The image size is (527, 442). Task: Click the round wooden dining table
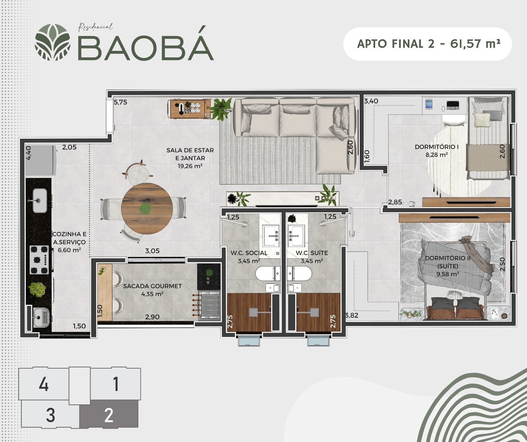point(147,208)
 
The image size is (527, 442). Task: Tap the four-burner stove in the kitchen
point(40,260)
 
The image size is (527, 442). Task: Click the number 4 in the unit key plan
point(44,384)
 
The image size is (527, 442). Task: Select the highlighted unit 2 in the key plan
point(109,415)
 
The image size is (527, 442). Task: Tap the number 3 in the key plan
point(50,415)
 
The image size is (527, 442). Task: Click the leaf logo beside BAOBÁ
point(53,42)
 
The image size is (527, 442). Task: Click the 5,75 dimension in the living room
point(121,102)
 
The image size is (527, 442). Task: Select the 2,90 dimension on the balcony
point(152,317)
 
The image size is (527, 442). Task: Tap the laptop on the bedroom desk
point(453,105)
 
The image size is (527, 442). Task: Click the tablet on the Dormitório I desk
point(429,104)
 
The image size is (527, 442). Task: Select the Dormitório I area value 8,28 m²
point(436,154)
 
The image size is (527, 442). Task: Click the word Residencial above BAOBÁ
point(96,27)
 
